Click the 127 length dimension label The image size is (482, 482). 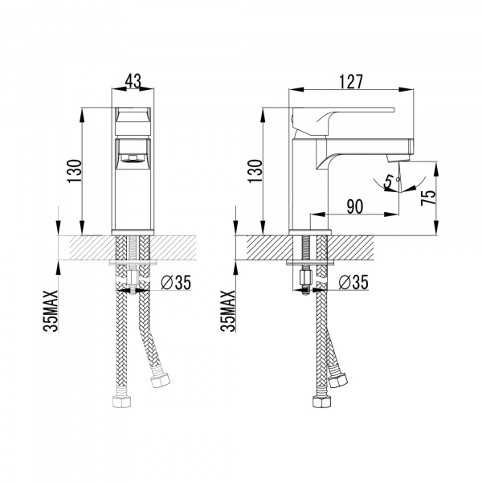[351, 82]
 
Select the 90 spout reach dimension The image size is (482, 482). [357, 206]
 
